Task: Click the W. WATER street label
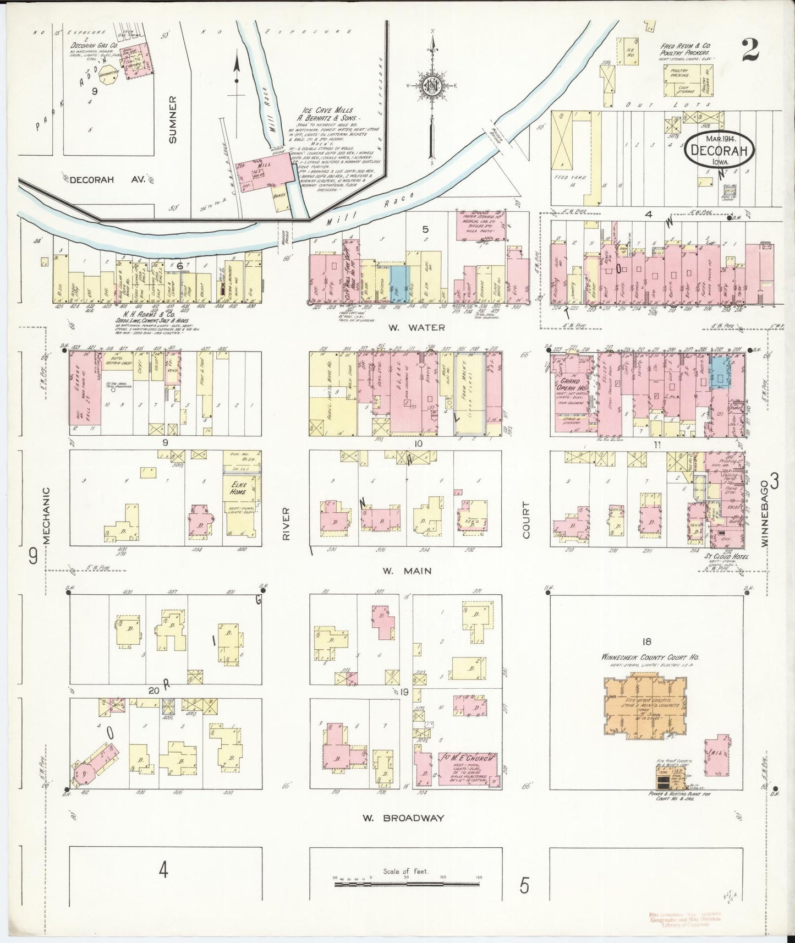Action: click(x=408, y=327)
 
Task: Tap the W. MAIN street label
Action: click(x=407, y=571)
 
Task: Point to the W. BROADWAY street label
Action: click(x=403, y=818)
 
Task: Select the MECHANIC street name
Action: click(x=47, y=516)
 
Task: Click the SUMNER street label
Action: click(x=173, y=119)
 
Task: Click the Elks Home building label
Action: click(x=238, y=489)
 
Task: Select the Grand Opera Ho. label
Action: click(x=571, y=383)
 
